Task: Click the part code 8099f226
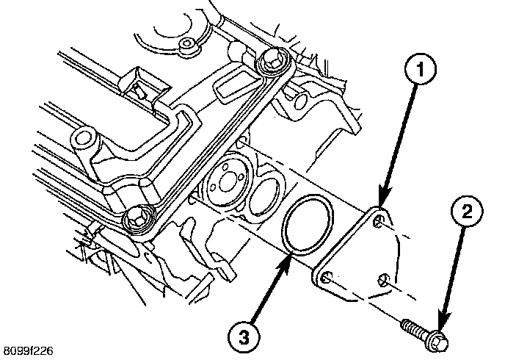(27, 351)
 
